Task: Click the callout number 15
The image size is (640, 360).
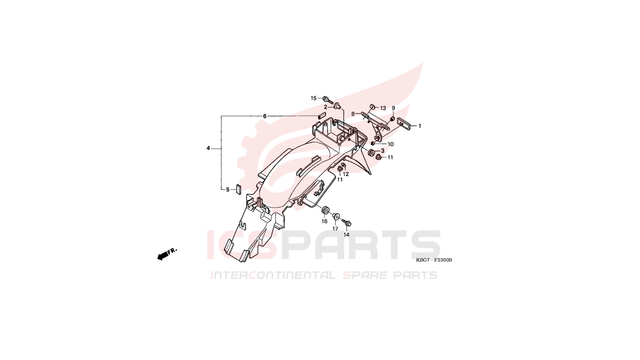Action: pos(313,98)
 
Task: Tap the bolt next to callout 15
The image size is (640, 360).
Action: pos(327,100)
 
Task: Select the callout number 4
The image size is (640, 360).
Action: pos(208,148)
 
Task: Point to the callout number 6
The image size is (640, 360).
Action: pos(265,116)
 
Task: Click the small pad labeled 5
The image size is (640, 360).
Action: pos(238,189)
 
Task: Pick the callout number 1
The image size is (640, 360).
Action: pos(420,126)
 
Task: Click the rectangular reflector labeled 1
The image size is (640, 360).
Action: pos(404,124)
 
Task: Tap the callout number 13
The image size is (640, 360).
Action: pos(383,108)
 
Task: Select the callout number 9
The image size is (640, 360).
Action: pos(394,108)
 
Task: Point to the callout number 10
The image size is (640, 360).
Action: pos(390,144)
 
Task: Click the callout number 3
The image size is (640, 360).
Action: pos(383,150)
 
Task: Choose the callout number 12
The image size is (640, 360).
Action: pos(346,174)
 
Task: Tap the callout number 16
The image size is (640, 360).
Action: pos(325,222)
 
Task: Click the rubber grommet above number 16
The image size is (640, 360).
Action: pos(325,210)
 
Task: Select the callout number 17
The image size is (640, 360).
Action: pos(335,229)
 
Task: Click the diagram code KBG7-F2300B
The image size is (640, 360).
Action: pos(434,260)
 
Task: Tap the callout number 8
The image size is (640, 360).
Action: pos(353,114)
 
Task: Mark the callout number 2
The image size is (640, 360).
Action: pos(326,107)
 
